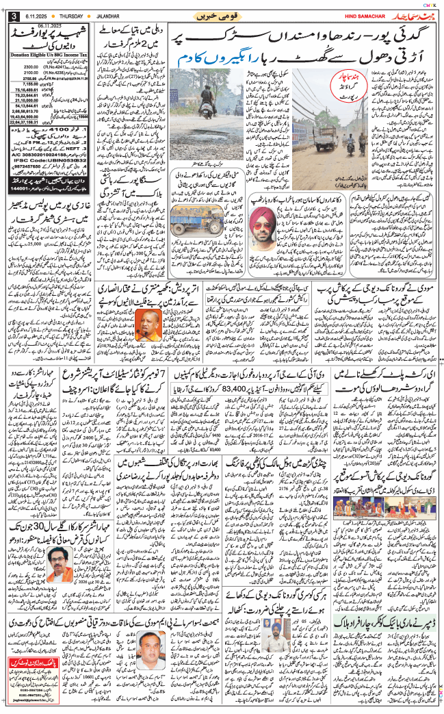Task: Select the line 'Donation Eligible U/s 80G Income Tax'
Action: tap(49, 51)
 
